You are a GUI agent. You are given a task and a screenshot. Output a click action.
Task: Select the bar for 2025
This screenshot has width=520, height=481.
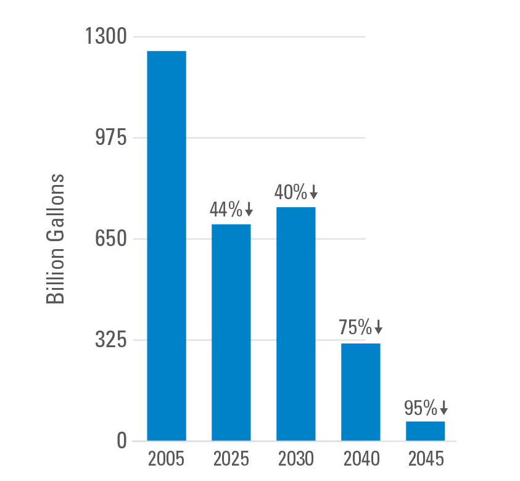click(x=231, y=332)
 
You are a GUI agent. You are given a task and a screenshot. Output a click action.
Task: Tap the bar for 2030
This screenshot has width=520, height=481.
click(x=295, y=324)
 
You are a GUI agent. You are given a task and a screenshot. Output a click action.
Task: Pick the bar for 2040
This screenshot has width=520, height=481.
click(x=360, y=392)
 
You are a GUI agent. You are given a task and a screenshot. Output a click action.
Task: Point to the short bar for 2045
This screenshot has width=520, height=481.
click(x=425, y=430)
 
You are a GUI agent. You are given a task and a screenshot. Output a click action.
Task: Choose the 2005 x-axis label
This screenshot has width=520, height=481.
click(x=167, y=460)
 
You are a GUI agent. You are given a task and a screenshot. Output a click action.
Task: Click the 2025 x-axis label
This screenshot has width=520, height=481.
click(x=231, y=460)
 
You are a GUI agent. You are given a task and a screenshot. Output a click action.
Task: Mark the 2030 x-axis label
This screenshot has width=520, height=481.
click(x=295, y=460)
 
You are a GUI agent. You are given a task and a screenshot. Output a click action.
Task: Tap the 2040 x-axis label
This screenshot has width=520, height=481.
click(x=360, y=460)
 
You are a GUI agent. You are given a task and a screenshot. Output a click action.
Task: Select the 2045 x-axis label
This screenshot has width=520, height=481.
click(x=425, y=460)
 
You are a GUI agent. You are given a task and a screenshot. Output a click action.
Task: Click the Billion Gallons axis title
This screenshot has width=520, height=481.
click(x=56, y=239)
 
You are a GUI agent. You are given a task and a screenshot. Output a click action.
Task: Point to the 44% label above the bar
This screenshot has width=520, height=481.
click(x=226, y=210)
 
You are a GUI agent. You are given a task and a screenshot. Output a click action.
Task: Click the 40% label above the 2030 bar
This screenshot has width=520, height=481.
click(x=291, y=192)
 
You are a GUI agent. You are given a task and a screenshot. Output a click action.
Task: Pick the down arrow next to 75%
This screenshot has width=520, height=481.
click(x=378, y=327)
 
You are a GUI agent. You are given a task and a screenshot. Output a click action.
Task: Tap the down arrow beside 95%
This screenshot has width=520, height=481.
click(x=443, y=408)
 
